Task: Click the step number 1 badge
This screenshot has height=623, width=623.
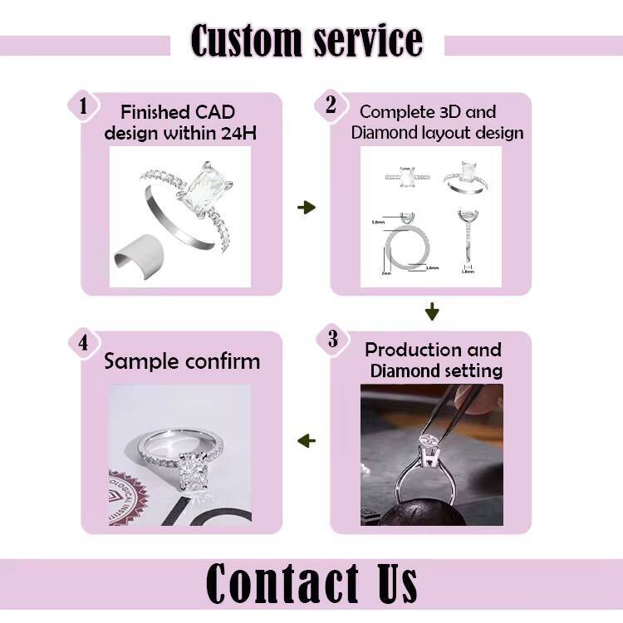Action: pos(83,105)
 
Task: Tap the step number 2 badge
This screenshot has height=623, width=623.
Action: pos(331,105)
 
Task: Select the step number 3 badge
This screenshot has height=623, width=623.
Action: pos(332,339)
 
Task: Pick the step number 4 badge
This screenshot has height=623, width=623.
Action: pos(83,342)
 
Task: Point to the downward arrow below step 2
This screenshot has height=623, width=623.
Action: pos(431,312)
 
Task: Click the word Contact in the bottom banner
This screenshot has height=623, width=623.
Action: pos(278,583)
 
